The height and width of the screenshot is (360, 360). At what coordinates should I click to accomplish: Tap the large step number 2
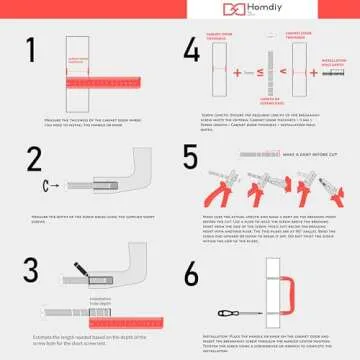pos(34,161)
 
